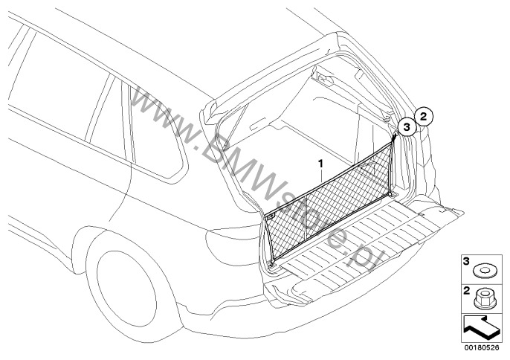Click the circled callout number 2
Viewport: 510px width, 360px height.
424,116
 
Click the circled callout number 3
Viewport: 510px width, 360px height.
407,126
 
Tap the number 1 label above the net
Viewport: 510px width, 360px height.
320,164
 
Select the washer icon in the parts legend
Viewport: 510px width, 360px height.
484,271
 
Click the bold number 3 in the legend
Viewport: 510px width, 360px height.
466,261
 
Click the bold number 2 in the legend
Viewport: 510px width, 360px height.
466,290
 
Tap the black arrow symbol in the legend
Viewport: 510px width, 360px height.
480,327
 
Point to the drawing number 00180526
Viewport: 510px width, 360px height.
482,347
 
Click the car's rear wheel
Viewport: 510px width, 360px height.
127,288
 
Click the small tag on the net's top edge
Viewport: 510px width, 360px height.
271,216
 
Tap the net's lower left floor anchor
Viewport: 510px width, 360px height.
273,263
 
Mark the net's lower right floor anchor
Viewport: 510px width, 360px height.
391,195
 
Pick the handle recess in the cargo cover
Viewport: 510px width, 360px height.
259,124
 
